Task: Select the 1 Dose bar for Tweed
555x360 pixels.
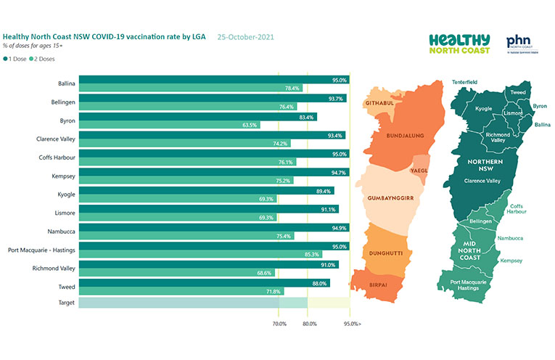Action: pyautogui.click(x=204, y=284)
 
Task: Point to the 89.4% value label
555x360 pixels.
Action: pyautogui.click(x=324, y=191)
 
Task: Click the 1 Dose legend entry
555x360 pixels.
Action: pyautogui.click(x=16, y=59)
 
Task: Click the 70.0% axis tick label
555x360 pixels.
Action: pyautogui.click(x=279, y=323)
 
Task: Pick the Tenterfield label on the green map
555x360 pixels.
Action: pyautogui.click(x=464, y=83)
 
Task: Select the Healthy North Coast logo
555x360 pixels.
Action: pyautogui.click(x=459, y=44)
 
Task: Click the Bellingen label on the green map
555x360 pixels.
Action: pyautogui.click(x=482, y=221)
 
